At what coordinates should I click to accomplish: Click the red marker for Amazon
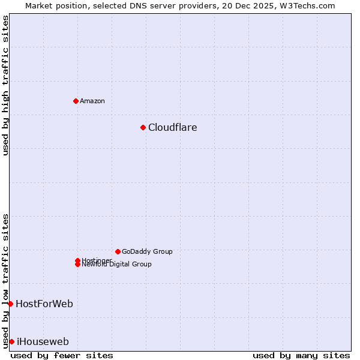tap(76, 101)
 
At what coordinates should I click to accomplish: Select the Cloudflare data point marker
tap(143, 127)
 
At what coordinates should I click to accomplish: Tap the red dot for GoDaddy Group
tap(118, 251)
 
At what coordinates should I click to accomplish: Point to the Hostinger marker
tap(77, 260)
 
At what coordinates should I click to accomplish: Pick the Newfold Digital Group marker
tap(77, 265)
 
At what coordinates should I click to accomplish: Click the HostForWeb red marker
tap(10, 304)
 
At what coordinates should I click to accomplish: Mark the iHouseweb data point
tap(11, 341)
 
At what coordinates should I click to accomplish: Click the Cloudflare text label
tap(172, 127)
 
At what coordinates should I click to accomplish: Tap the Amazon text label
tap(92, 101)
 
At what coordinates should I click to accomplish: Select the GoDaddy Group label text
tap(146, 251)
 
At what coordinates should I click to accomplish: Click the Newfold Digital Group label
tap(116, 265)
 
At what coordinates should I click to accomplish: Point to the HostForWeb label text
tap(44, 304)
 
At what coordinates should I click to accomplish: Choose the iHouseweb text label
tap(43, 341)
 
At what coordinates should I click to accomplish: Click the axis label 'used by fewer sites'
tap(62, 355)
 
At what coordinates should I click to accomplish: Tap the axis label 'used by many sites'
tap(301, 355)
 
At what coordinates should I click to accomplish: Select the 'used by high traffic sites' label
tap(5, 85)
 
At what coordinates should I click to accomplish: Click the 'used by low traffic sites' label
tap(5, 280)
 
